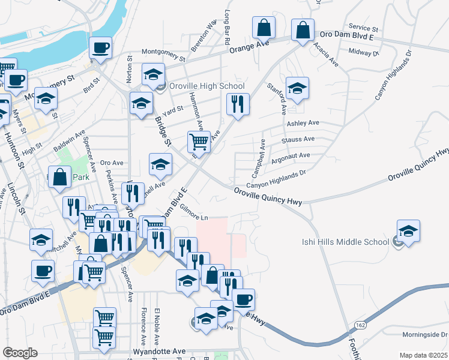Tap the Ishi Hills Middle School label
click(x=345, y=242)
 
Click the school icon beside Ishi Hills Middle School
click(x=408, y=231)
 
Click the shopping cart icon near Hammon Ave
click(x=199, y=142)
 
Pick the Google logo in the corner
click(x=20, y=353)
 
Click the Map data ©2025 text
click(x=424, y=355)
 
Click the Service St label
click(x=363, y=28)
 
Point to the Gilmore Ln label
click(x=193, y=217)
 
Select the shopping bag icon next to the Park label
click(x=59, y=177)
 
